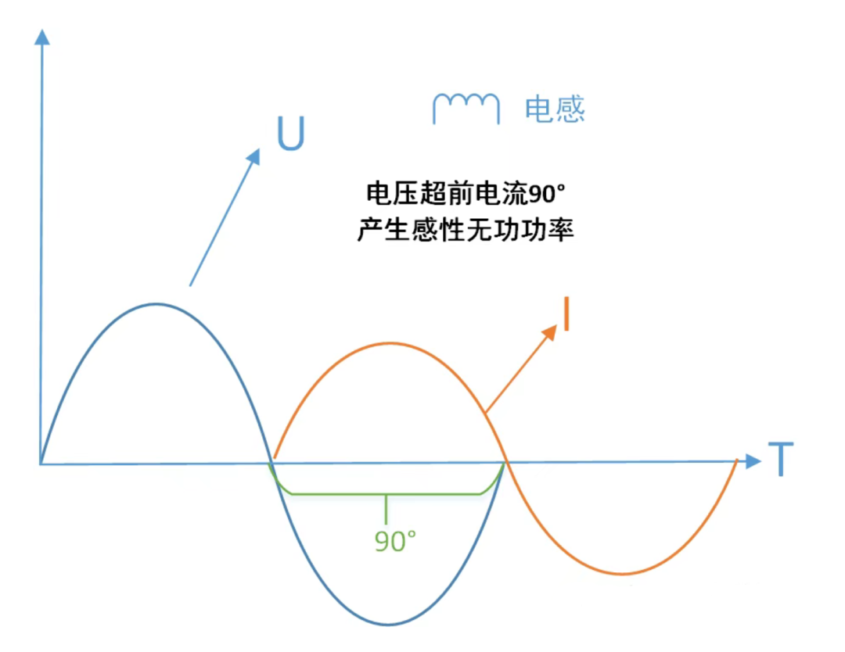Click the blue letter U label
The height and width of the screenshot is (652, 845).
pos(291,133)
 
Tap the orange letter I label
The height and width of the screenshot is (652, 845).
pos(566,313)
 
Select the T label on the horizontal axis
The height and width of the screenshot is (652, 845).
pos(781,459)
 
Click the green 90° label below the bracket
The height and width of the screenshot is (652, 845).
pos(395,541)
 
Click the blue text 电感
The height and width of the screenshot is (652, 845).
pos(555,109)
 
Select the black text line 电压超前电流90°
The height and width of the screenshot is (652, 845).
pos(466,193)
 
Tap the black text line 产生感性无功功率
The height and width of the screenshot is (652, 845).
pos(466,230)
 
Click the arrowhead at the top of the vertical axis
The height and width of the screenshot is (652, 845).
pos(42,37)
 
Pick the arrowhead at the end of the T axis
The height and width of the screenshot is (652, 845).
pos(753,461)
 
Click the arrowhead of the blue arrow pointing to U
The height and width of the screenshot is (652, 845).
pos(254,156)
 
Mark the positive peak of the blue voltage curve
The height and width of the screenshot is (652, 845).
pos(156,305)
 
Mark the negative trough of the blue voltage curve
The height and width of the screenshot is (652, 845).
pos(388,625)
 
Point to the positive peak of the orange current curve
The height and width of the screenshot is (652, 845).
pos(390,343)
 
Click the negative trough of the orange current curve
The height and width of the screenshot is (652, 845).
pos(623,574)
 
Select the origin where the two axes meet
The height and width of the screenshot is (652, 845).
pos(41,464)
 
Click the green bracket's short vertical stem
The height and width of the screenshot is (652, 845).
pos(386,509)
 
